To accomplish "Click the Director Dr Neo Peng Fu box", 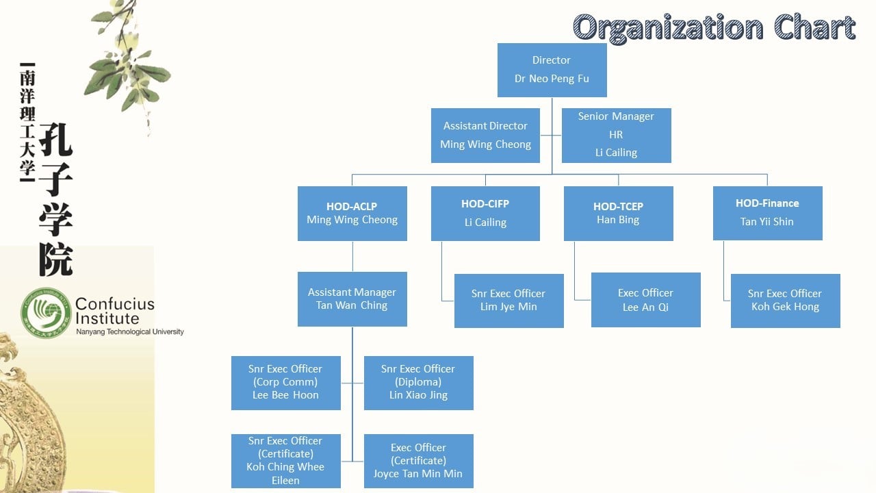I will tap(552, 70).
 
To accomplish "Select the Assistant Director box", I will tap(485, 136).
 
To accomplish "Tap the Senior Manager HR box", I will tap(616, 136).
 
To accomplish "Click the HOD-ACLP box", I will tap(352, 213).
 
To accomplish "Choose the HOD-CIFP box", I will tap(485, 213).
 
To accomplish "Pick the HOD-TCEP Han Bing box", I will tap(618, 213).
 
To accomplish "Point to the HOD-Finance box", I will tap(767, 212).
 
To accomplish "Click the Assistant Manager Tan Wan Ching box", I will tap(352, 299).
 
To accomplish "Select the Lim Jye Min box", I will tap(508, 301).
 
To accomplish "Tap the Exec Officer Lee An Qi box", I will tap(645, 300).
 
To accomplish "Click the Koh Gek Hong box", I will tap(785, 301).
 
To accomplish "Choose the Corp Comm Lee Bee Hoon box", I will tap(285, 383).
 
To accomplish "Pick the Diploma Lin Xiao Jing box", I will tap(418, 383).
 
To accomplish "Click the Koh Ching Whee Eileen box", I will tap(285, 461).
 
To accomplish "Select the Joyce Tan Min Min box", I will tap(418, 461).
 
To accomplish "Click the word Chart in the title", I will tap(814, 28).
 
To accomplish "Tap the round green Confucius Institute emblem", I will tap(46, 313).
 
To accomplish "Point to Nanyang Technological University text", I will tap(129, 332).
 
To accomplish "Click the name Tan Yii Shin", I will tap(767, 222).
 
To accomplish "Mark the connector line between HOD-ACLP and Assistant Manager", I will tap(352, 256).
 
